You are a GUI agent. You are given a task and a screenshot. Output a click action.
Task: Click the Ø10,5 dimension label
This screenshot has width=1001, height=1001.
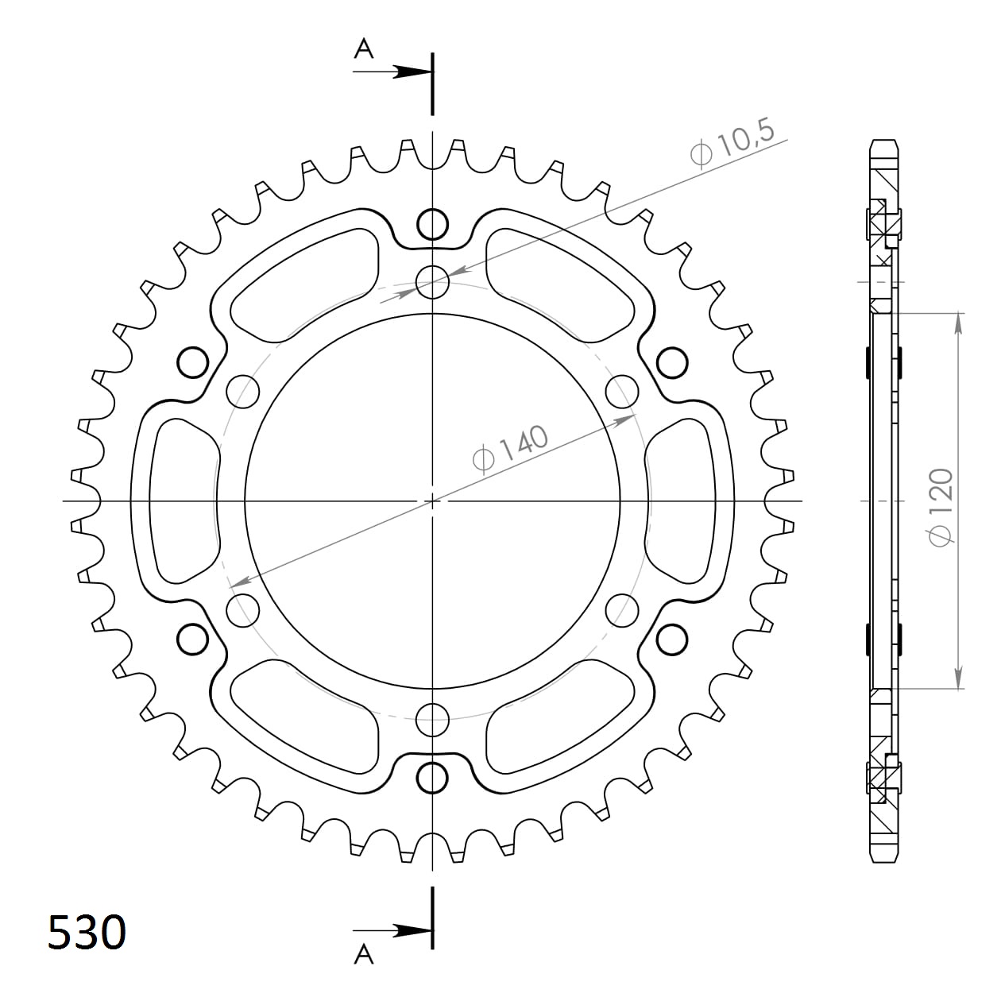tap(732, 143)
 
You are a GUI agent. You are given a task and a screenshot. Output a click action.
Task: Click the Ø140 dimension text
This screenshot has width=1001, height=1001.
tap(510, 449)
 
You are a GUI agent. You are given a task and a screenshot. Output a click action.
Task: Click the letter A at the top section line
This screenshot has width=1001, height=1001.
tap(364, 49)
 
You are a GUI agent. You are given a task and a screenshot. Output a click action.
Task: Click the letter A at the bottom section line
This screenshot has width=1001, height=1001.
tap(364, 968)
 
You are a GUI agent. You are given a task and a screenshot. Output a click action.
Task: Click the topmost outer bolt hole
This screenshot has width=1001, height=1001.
tap(432, 224)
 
